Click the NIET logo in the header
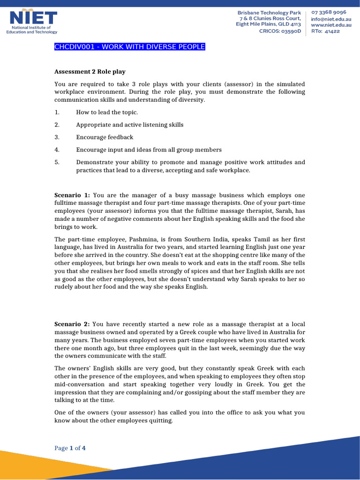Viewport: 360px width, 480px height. coord(33,22)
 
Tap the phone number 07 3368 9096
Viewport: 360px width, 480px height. coord(329,12)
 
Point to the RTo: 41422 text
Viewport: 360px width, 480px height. coord(325,31)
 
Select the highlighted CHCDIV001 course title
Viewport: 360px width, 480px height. coord(130,47)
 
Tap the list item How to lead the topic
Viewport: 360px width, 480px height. coord(107,112)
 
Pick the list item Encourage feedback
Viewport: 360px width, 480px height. coord(105,137)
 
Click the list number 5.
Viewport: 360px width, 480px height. coord(56,162)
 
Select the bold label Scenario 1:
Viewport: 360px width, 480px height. coord(73,195)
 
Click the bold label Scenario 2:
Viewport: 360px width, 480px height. coord(73,324)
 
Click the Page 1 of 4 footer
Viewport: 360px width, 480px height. coord(70,448)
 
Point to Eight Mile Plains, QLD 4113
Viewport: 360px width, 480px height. coord(268,25)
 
